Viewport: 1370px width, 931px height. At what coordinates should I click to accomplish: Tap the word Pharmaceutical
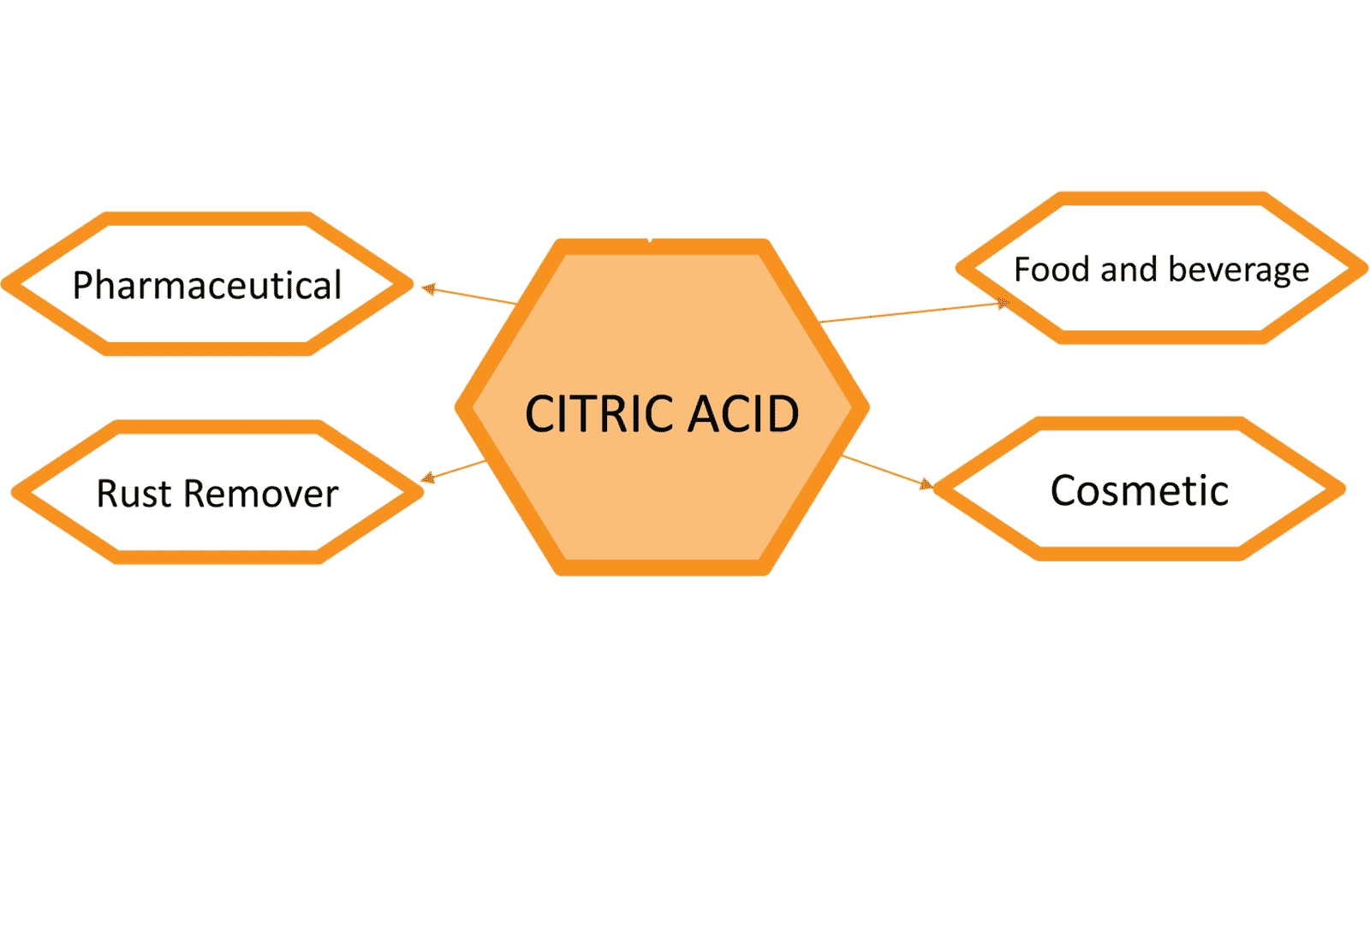tap(206, 285)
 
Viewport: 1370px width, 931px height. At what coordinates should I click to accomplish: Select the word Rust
tap(134, 494)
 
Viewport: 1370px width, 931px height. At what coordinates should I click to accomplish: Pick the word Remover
tap(260, 494)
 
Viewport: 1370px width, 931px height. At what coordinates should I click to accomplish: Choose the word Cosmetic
tap(1139, 491)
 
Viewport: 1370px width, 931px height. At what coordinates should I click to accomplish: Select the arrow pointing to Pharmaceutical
tap(471, 296)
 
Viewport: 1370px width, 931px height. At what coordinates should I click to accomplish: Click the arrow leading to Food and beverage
tap(912, 312)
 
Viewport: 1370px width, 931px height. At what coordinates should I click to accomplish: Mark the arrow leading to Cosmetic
tap(886, 471)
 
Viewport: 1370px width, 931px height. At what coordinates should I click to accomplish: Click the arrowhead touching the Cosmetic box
tap(926, 485)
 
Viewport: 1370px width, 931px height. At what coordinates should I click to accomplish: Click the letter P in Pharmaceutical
tap(83, 285)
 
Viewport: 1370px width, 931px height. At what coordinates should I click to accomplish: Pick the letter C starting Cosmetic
tap(1064, 491)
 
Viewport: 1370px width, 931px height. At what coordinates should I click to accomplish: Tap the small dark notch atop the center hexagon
tap(650, 240)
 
